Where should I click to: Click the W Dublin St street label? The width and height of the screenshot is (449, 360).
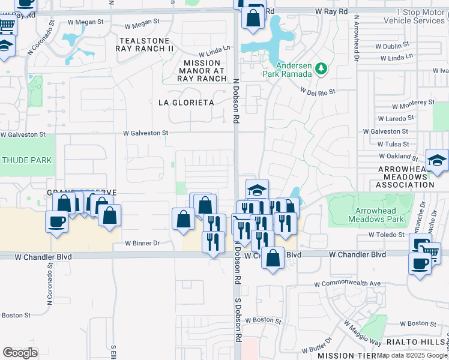[x=391, y=45]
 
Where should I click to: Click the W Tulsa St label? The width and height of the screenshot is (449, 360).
[x=393, y=144]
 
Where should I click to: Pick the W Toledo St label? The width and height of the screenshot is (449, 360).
[x=388, y=235]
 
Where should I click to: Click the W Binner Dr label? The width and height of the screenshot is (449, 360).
[x=142, y=243]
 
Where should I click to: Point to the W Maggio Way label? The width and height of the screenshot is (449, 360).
[x=362, y=332]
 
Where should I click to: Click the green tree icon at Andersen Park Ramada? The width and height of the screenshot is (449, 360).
[x=321, y=69]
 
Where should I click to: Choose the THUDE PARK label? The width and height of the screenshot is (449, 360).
[x=26, y=160]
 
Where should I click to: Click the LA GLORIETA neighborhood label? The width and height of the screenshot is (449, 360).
[x=186, y=103]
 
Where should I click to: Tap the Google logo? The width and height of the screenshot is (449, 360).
[x=20, y=353]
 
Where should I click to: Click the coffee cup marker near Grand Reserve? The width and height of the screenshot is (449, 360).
[x=57, y=221]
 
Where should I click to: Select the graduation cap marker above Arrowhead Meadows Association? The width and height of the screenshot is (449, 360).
[x=437, y=160]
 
